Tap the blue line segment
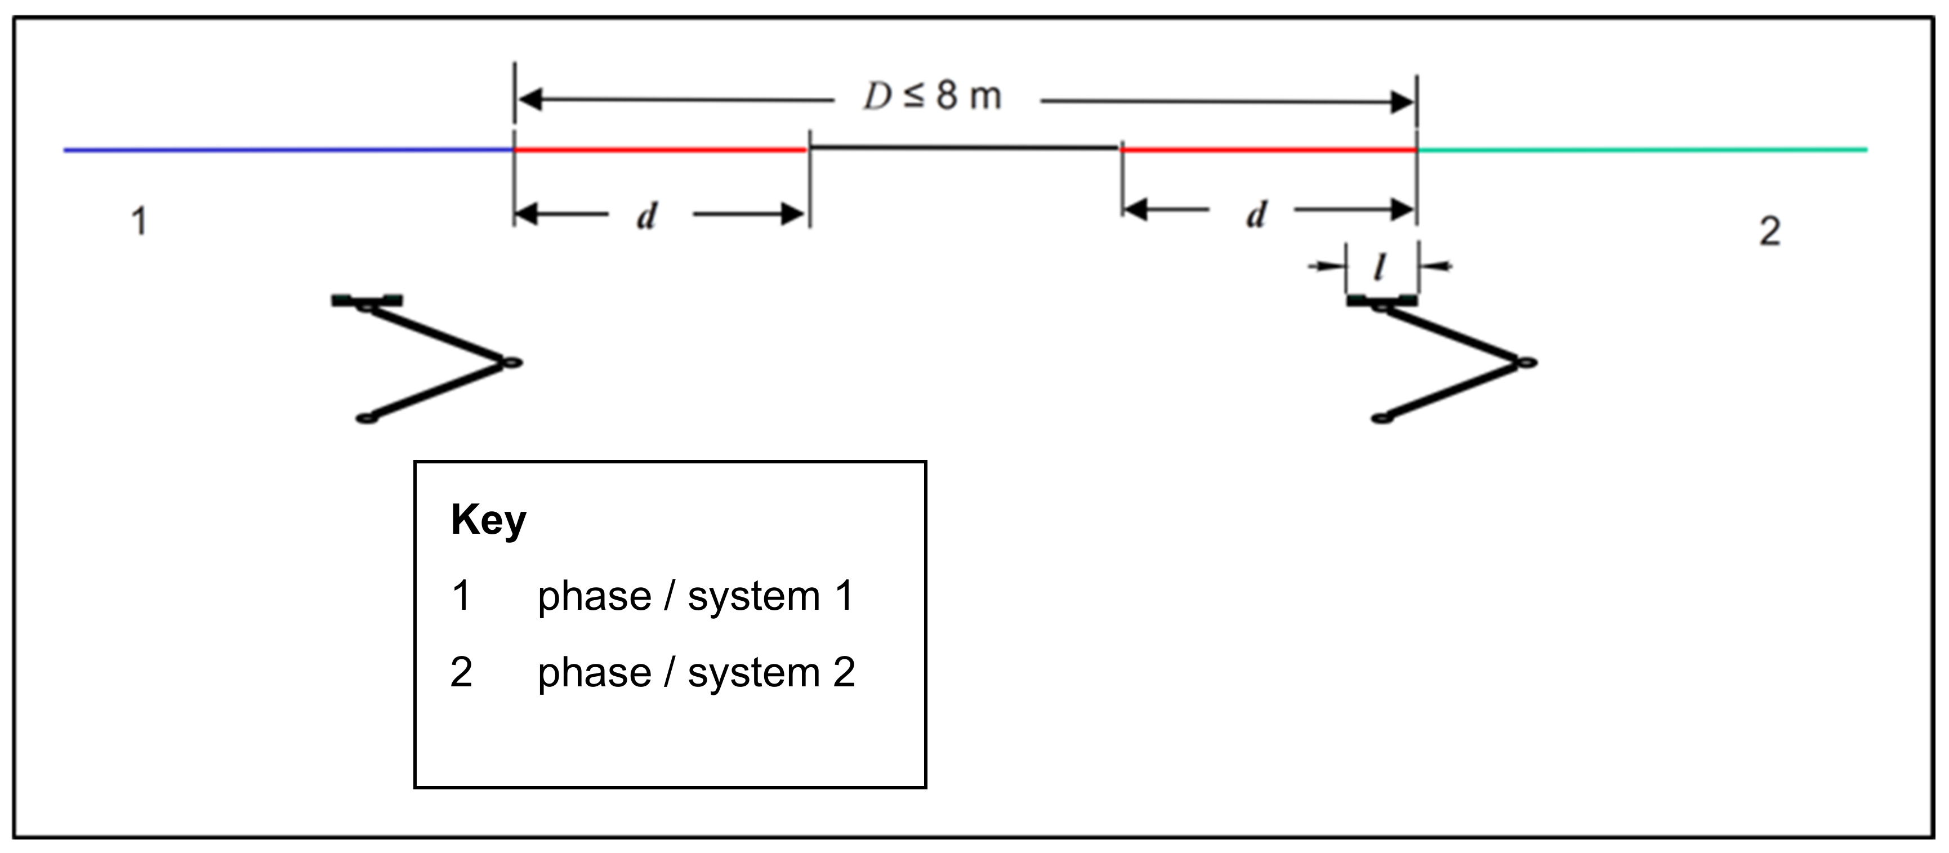click(288, 150)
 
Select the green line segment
click(1642, 150)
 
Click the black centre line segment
click(965, 147)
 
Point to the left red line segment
click(661, 150)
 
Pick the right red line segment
click(1269, 150)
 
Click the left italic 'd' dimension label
click(647, 216)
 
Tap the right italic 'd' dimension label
click(1257, 215)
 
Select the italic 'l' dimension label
click(1381, 266)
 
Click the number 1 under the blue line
click(139, 222)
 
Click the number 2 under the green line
click(1769, 231)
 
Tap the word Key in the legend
click(488, 520)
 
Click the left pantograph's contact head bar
click(367, 300)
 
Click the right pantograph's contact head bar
click(1381, 301)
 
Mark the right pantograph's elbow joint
click(1527, 363)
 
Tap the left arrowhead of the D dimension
click(529, 99)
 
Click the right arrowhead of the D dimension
click(1402, 102)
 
